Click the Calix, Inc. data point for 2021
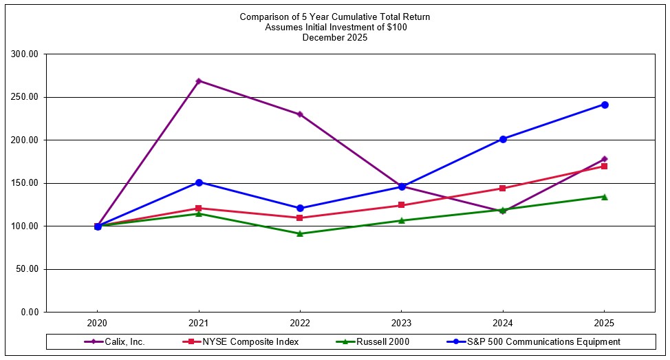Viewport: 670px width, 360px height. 199,81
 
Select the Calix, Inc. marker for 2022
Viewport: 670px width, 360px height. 300,114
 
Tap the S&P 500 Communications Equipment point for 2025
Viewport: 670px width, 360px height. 605,105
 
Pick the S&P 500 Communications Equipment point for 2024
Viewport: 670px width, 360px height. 503,139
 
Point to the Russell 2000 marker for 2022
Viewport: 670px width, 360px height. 300,233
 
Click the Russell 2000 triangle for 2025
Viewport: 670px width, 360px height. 605,197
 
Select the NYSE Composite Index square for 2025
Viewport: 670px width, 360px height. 605,166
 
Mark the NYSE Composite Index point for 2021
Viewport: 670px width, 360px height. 199,208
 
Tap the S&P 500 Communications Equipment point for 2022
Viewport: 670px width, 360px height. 300,208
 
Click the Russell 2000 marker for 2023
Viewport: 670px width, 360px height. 402,220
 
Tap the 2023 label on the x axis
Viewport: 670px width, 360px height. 402,323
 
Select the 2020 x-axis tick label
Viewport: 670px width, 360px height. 97,323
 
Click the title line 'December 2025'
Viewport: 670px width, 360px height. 335,38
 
